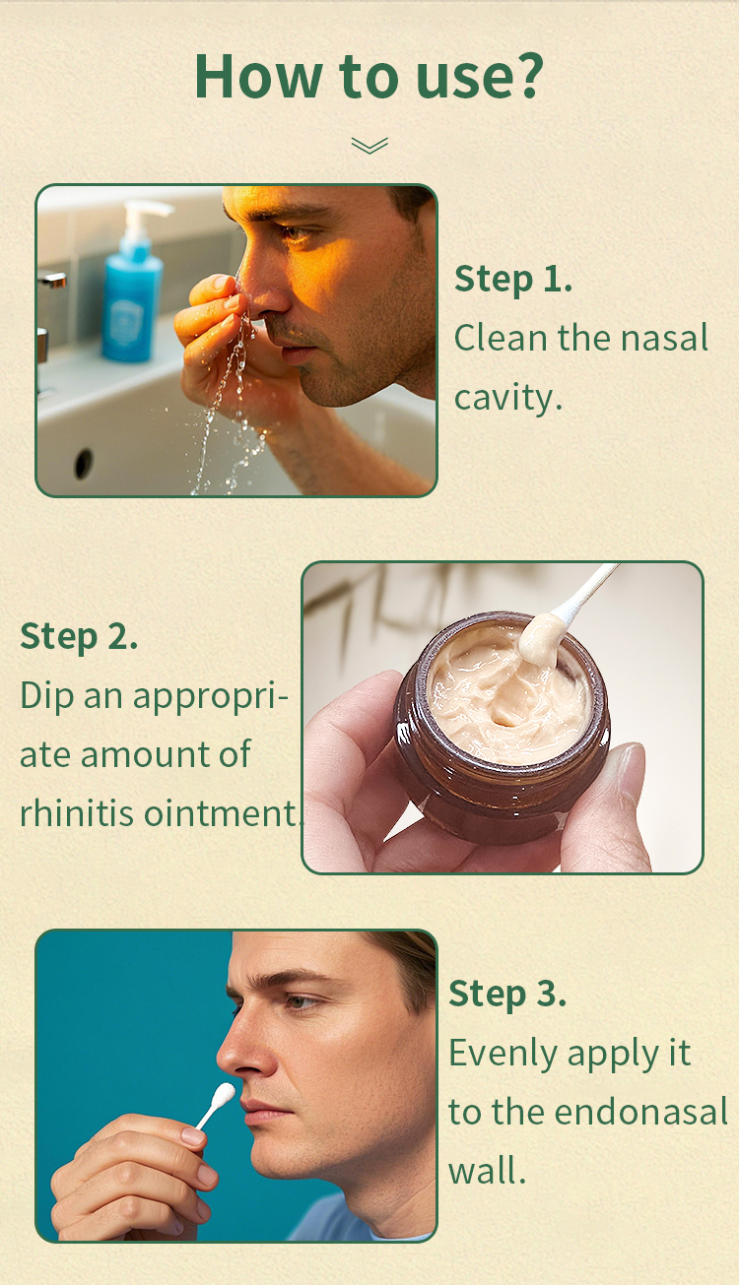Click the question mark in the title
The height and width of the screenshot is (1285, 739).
(526, 75)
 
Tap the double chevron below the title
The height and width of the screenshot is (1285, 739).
(369, 145)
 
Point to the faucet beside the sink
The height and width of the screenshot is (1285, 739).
(51, 280)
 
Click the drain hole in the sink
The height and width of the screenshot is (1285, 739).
(83, 463)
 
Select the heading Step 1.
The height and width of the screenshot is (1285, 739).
(512, 280)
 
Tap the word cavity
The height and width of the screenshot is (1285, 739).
(508, 397)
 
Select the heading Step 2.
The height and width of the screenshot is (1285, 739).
(79, 637)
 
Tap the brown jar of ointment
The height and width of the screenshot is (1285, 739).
(502, 726)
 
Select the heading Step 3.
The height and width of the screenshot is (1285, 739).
(507, 994)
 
